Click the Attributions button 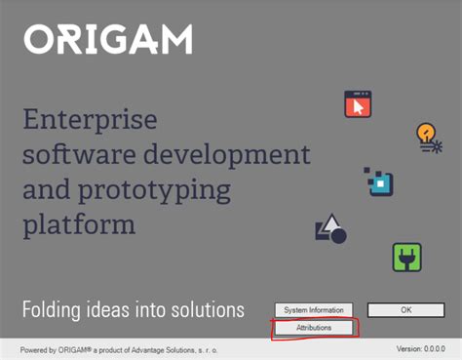coord(308,328)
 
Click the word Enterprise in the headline coord(89,122)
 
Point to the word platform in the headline coord(78,224)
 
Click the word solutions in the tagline coord(206,310)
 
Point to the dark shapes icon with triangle coord(330,229)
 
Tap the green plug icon coord(406,257)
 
